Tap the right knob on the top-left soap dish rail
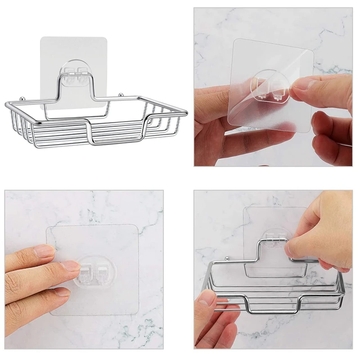click(120, 94)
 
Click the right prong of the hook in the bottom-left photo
click(102, 273)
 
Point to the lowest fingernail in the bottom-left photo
click(63, 292)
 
